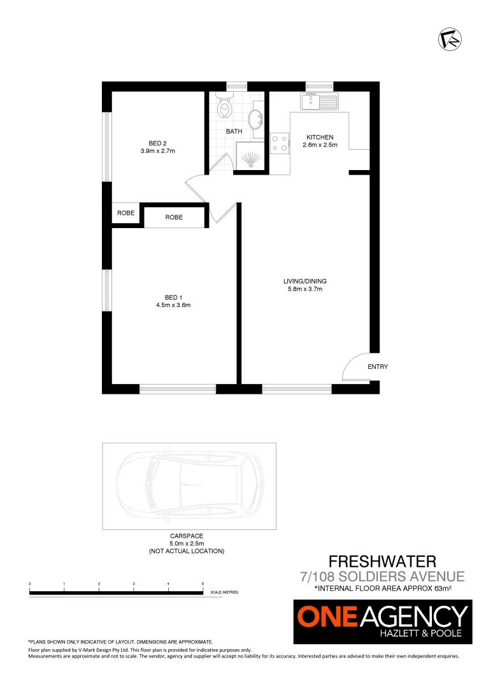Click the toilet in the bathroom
[224, 107]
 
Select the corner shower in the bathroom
[251, 157]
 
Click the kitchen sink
[321, 101]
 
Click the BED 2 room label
[157, 143]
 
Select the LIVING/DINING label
[305, 282]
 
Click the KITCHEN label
[320, 138]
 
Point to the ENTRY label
[377, 367]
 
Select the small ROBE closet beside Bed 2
[125, 213]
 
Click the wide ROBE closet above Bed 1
[174, 217]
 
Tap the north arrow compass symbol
[450, 38]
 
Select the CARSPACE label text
[186, 536]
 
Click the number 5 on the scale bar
[203, 584]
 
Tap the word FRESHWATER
[382, 561]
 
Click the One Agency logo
[382, 622]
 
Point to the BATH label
[234, 132]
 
